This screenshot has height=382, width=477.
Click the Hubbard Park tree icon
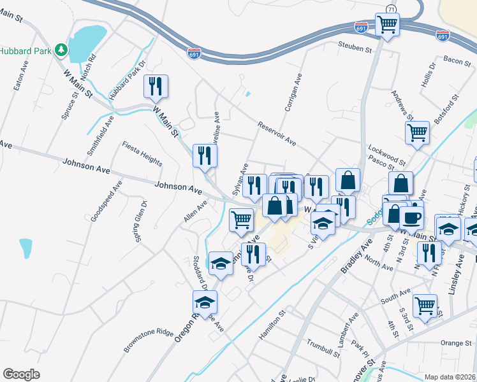(61, 49)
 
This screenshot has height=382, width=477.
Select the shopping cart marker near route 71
(388, 25)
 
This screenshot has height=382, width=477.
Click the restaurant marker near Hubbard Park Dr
(156, 86)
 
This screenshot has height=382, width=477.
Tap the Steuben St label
(355, 48)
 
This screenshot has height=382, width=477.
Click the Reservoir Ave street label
(277, 134)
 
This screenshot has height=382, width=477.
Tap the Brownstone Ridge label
(148, 341)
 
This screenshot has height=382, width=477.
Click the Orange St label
(455, 343)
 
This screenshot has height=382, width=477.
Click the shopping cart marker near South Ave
(424, 305)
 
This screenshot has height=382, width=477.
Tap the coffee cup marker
(411, 216)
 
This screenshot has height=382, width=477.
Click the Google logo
(22, 374)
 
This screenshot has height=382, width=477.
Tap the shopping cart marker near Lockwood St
(417, 133)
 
